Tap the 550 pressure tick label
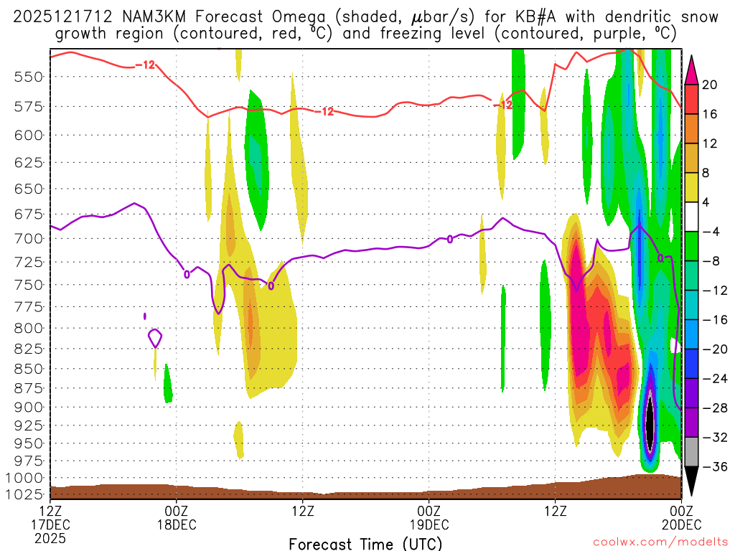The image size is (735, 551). click(x=24, y=77)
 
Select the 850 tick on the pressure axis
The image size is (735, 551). click(x=24, y=369)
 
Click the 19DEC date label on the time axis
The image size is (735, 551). click(x=429, y=524)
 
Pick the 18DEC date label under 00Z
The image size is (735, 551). click(x=176, y=524)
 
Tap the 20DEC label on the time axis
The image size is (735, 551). click(x=680, y=524)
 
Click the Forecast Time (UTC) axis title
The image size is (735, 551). click(x=365, y=543)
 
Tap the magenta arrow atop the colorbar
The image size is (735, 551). click(x=691, y=68)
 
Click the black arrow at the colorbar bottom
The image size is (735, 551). click(x=691, y=481)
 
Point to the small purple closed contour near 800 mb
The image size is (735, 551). click(x=154, y=337)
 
